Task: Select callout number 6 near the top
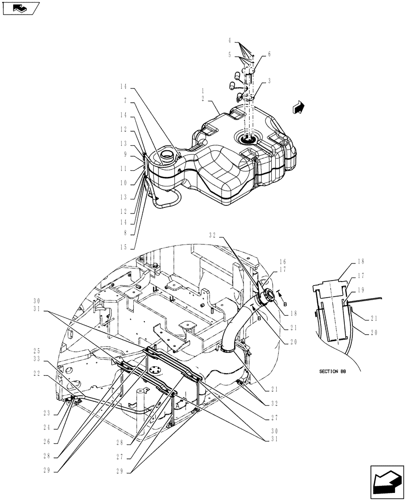click(x=269, y=54)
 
